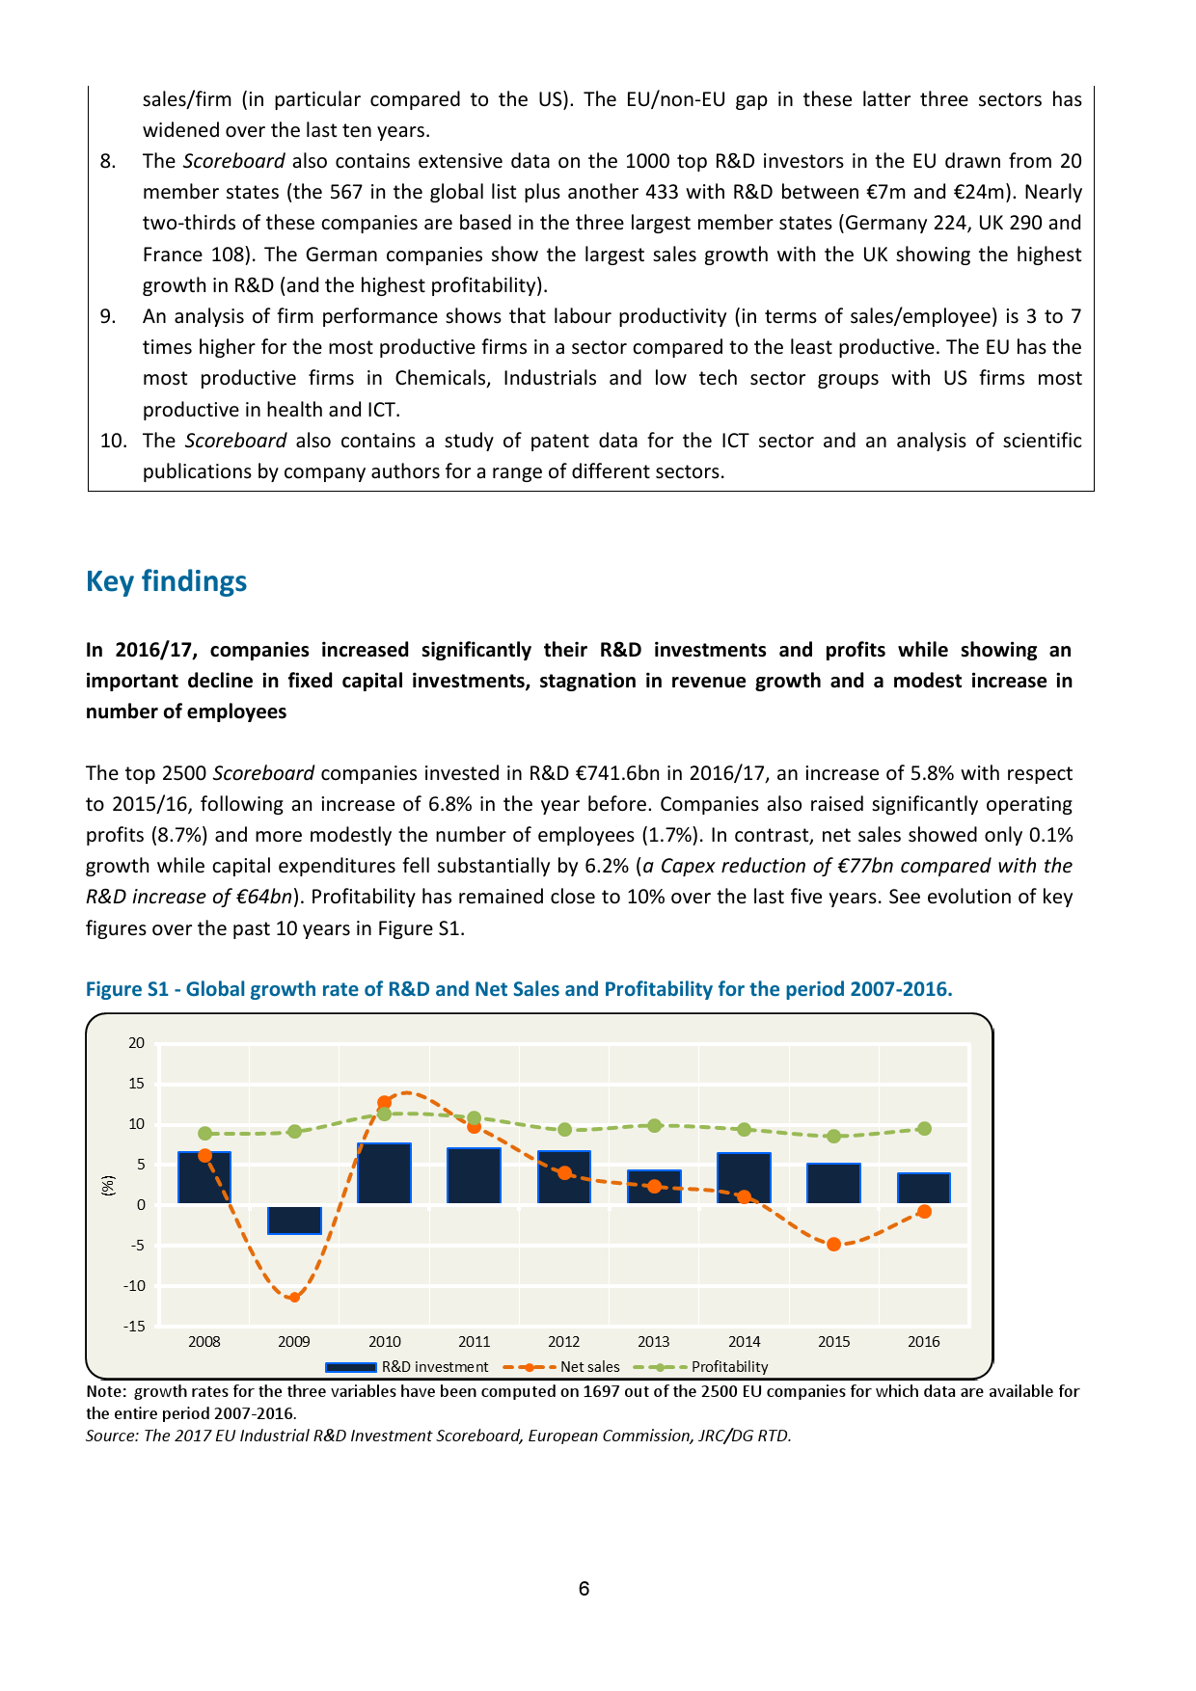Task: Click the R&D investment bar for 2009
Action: (x=294, y=1219)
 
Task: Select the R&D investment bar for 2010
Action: (x=384, y=1173)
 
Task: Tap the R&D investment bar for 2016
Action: (x=923, y=1188)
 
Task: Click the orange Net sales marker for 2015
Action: (x=834, y=1245)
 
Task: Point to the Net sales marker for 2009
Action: (x=294, y=1297)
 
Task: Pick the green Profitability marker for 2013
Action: (x=654, y=1125)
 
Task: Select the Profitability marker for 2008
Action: (x=204, y=1134)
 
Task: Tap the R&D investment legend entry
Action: (x=407, y=1367)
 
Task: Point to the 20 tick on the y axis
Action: (x=136, y=1043)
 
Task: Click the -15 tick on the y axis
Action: (x=134, y=1326)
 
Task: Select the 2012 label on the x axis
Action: (x=564, y=1342)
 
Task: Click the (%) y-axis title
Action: (x=109, y=1186)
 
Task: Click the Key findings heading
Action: (x=166, y=581)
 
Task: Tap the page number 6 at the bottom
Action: (x=584, y=1589)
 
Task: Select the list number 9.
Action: (x=108, y=316)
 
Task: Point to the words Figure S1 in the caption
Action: (x=127, y=989)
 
